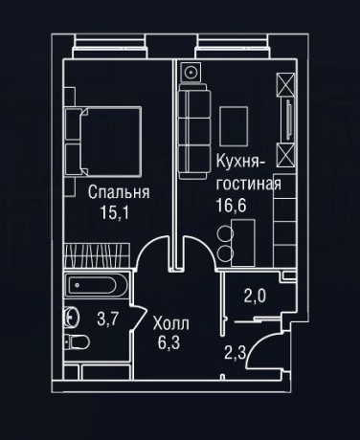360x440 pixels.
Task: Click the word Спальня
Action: click(120, 190)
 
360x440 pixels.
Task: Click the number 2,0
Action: click(254, 296)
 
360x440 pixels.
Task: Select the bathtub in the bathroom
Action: click(98, 286)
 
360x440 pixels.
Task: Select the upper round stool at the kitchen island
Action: click(226, 232)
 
